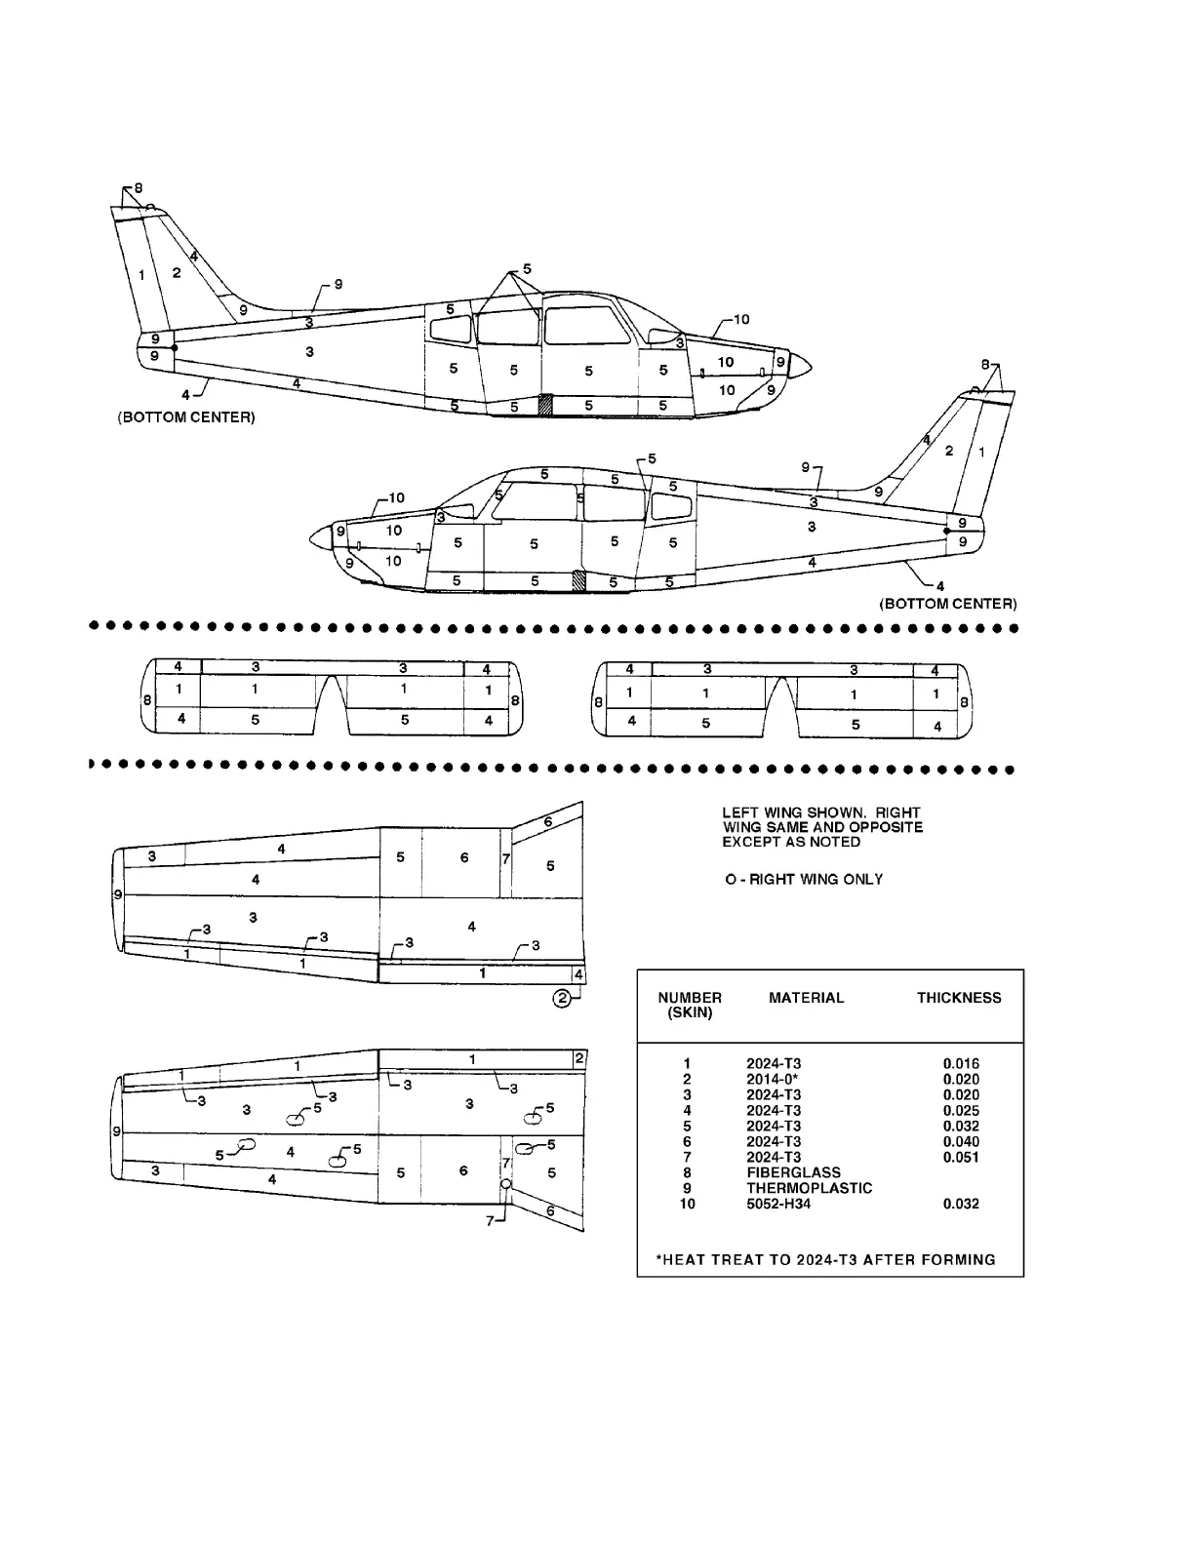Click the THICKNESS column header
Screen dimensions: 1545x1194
[958, 998]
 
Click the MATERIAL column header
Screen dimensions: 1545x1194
[806, 998]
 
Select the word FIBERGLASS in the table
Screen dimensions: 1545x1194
[793, 1172]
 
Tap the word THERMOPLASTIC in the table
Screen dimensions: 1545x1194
[809, 1188]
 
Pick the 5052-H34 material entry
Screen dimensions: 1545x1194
[778, 1204]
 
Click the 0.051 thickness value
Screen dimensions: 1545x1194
[961, 1157]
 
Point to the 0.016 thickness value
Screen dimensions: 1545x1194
[961, 1063]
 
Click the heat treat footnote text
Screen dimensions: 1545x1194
[830, 1259]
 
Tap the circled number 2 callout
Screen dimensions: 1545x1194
[562, 998]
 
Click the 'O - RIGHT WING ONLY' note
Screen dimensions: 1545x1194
[804, 879]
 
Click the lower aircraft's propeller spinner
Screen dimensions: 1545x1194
[321, 536]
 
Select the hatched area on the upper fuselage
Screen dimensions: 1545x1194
[546, 405]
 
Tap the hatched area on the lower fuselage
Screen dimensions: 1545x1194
[579, 581]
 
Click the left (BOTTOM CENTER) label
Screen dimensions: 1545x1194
[186, 417]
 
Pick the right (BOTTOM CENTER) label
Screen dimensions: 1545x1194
[947, 604]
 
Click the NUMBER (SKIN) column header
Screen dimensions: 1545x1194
[690, 1005]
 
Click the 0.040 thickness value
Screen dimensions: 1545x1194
[961, 1141]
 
